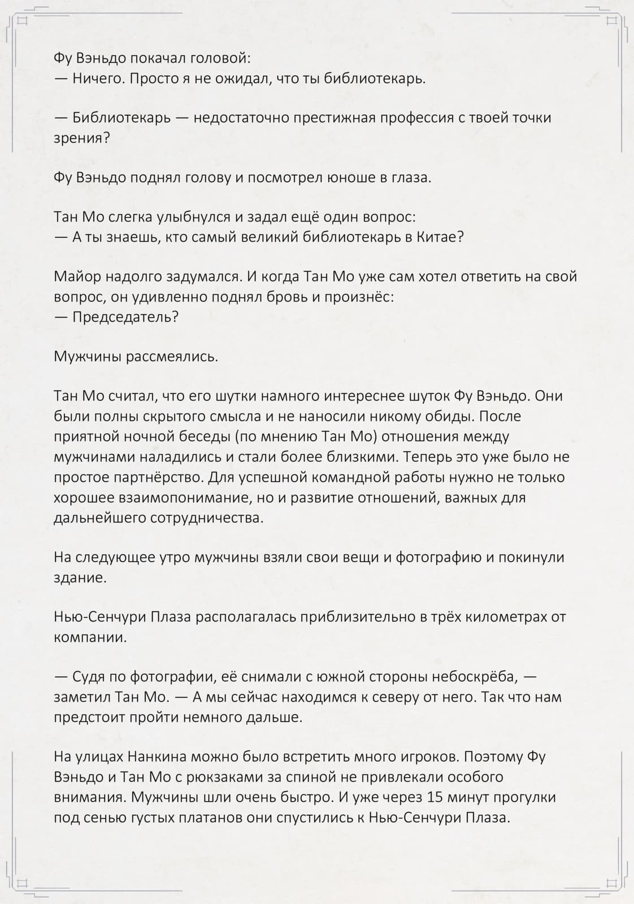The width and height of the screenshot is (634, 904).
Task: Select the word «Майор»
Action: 77,277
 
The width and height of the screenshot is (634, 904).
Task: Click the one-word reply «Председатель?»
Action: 125,317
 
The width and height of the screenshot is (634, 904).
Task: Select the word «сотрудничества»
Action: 206,518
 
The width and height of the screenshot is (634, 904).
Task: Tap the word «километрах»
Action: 506,617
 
